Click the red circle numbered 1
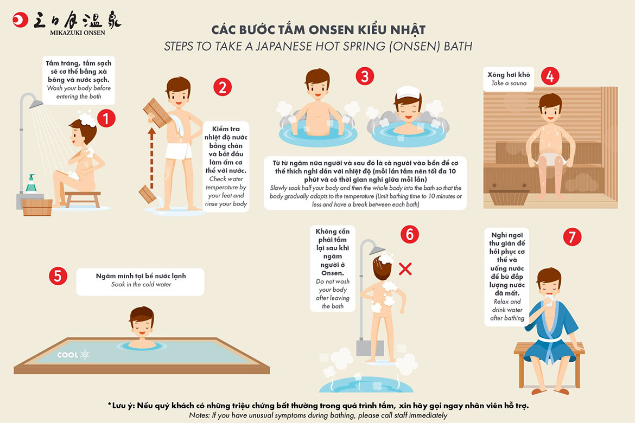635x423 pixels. coord(106,119)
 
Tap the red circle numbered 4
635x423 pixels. coord(550,76)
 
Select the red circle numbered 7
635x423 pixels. coord(572,237)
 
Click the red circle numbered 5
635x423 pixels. coord(58,275)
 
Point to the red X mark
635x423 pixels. coord(405,269)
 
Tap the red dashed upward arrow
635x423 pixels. coord(152,159)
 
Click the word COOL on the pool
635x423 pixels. coord(68,355)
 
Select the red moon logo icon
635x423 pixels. coord(20,20)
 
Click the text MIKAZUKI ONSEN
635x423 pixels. coord(78,33)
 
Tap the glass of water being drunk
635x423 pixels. coord(549,301)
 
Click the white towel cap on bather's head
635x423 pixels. coord(408,92)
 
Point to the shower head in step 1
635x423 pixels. coord(36,104)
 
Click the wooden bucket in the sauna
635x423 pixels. coord(509,197)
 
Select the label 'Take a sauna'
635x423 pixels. coord(509,83)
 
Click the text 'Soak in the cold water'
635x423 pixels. coord(141,285)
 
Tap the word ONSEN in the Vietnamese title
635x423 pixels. coord(331,30)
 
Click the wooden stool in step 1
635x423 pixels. coord(82,199)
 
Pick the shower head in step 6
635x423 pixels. coord(377,251)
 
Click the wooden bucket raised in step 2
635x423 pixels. coord(157,112)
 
